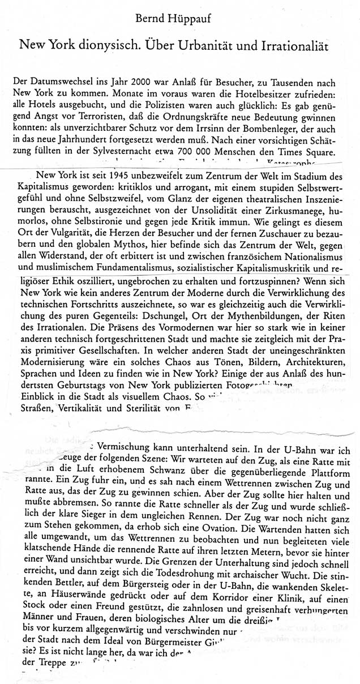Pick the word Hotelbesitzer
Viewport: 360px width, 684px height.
click(265, 92)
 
